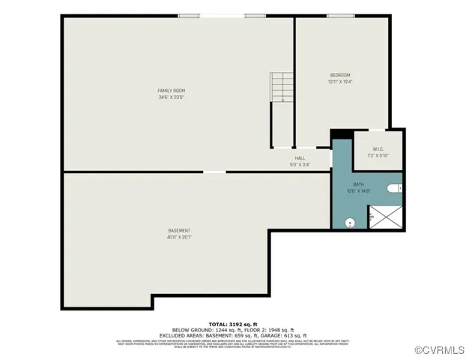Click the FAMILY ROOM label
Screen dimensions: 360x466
[x=171, y=91]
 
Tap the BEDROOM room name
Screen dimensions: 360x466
[x=340, y=75]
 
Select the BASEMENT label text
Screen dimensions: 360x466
[x=178, y=230]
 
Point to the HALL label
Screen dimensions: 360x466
[x=300, y=158]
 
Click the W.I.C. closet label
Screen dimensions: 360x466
[x=378, y=148]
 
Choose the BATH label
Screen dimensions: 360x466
[x=359, y=184]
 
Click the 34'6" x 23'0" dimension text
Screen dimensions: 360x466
[x=171, y=97]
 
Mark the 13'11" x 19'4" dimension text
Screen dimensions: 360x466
[x=340, y=82]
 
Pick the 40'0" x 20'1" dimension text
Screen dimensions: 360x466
[x=178, y=237]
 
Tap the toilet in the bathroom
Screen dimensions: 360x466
[x=398, y=187]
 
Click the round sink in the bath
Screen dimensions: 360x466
[x=349, y=222]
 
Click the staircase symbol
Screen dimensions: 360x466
[x=281, y=88]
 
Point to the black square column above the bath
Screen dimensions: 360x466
[x=340, y=133]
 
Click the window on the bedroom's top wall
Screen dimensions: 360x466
[x=341, y=16]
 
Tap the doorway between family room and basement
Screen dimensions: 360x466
[x=214, y=172]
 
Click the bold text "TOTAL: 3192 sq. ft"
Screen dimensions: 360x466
[x=232, y=324]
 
